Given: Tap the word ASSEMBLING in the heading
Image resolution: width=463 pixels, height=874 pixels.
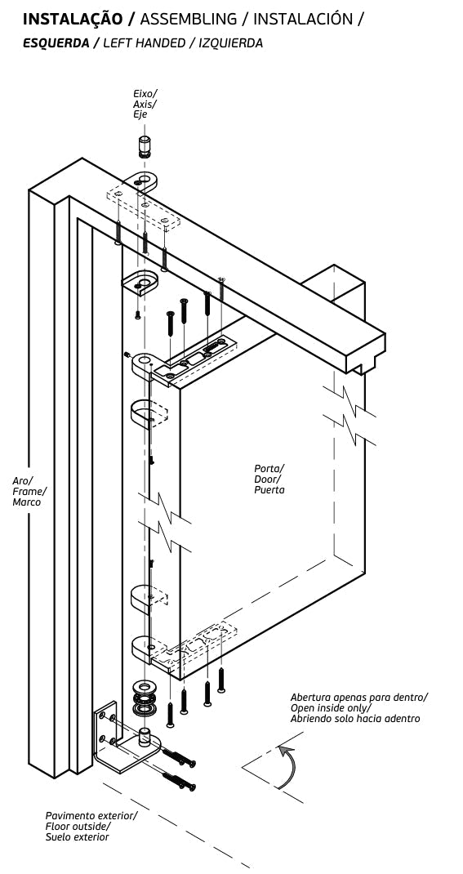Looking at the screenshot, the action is coord(189,19).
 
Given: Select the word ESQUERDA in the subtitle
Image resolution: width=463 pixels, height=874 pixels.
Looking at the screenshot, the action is coord(56,43).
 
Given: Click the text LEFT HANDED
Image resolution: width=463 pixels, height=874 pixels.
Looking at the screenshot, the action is coord(145,43).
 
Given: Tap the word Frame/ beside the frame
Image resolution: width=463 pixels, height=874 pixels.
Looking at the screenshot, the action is coord(29,491).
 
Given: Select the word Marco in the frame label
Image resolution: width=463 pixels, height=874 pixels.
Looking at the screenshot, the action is coord(27,502).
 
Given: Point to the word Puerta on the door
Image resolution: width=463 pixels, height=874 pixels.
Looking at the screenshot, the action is coord(269,490).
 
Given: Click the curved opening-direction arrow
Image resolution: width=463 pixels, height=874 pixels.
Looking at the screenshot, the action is coord(290,766).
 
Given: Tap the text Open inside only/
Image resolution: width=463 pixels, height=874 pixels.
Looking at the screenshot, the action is coord(331,708).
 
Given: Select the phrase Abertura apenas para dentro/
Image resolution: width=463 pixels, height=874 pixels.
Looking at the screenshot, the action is coord(359,698).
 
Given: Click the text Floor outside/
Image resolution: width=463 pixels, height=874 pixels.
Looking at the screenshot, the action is coord(78,826).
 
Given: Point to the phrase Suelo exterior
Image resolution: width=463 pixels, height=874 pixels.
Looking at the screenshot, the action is coord(77,836).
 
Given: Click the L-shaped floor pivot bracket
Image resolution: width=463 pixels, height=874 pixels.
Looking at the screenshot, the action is coord(126,738).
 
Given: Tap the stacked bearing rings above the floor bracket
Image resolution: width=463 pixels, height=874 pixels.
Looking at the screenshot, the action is coord(145,698).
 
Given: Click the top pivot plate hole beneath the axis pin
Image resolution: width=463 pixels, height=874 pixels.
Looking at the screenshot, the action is coord(150,180).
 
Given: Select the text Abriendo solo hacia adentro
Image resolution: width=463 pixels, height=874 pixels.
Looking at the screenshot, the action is coord(355,719).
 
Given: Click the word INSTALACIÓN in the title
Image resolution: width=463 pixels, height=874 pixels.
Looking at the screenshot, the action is coord(303,19).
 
